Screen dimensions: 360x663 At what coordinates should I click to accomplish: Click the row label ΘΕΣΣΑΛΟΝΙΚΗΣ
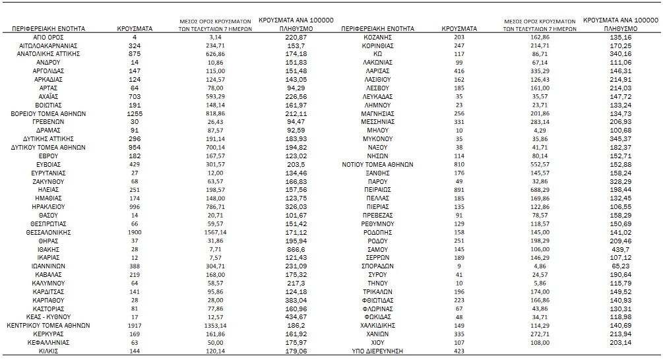click(48, 232)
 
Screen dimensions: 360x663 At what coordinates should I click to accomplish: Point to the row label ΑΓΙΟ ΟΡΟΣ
click(48, 38)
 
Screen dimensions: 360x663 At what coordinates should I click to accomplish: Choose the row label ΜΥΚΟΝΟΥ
click(378, 139)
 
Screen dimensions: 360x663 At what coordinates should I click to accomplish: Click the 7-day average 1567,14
click(203, 232)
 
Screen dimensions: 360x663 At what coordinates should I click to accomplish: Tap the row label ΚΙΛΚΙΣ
click(48, 351)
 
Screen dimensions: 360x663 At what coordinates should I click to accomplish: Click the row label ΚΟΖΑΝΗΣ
click(378, 38)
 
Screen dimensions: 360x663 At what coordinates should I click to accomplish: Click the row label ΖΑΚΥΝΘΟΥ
click(48, 181)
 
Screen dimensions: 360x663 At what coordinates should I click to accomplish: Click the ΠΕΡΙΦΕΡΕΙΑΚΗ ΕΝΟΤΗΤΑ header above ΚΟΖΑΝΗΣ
click(378, 29)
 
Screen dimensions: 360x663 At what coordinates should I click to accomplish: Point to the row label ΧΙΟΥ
click(378, 342)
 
